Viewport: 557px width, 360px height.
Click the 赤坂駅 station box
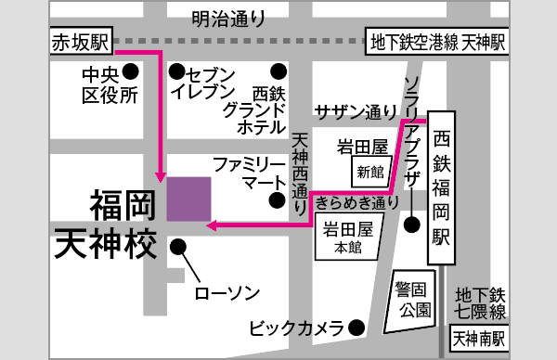tap(82, 42)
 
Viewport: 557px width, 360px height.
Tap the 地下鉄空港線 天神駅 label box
tap(436, 43)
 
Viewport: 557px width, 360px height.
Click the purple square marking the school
tap(189, 198)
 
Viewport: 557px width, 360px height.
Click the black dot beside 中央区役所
tap(132, 71)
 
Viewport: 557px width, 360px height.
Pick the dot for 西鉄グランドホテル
tap(278, 71)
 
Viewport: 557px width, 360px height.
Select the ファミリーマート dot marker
tap(276, 199)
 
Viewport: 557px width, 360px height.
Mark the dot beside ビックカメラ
tap(356, 327)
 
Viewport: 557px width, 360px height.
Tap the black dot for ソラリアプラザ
tap(412, 223)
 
